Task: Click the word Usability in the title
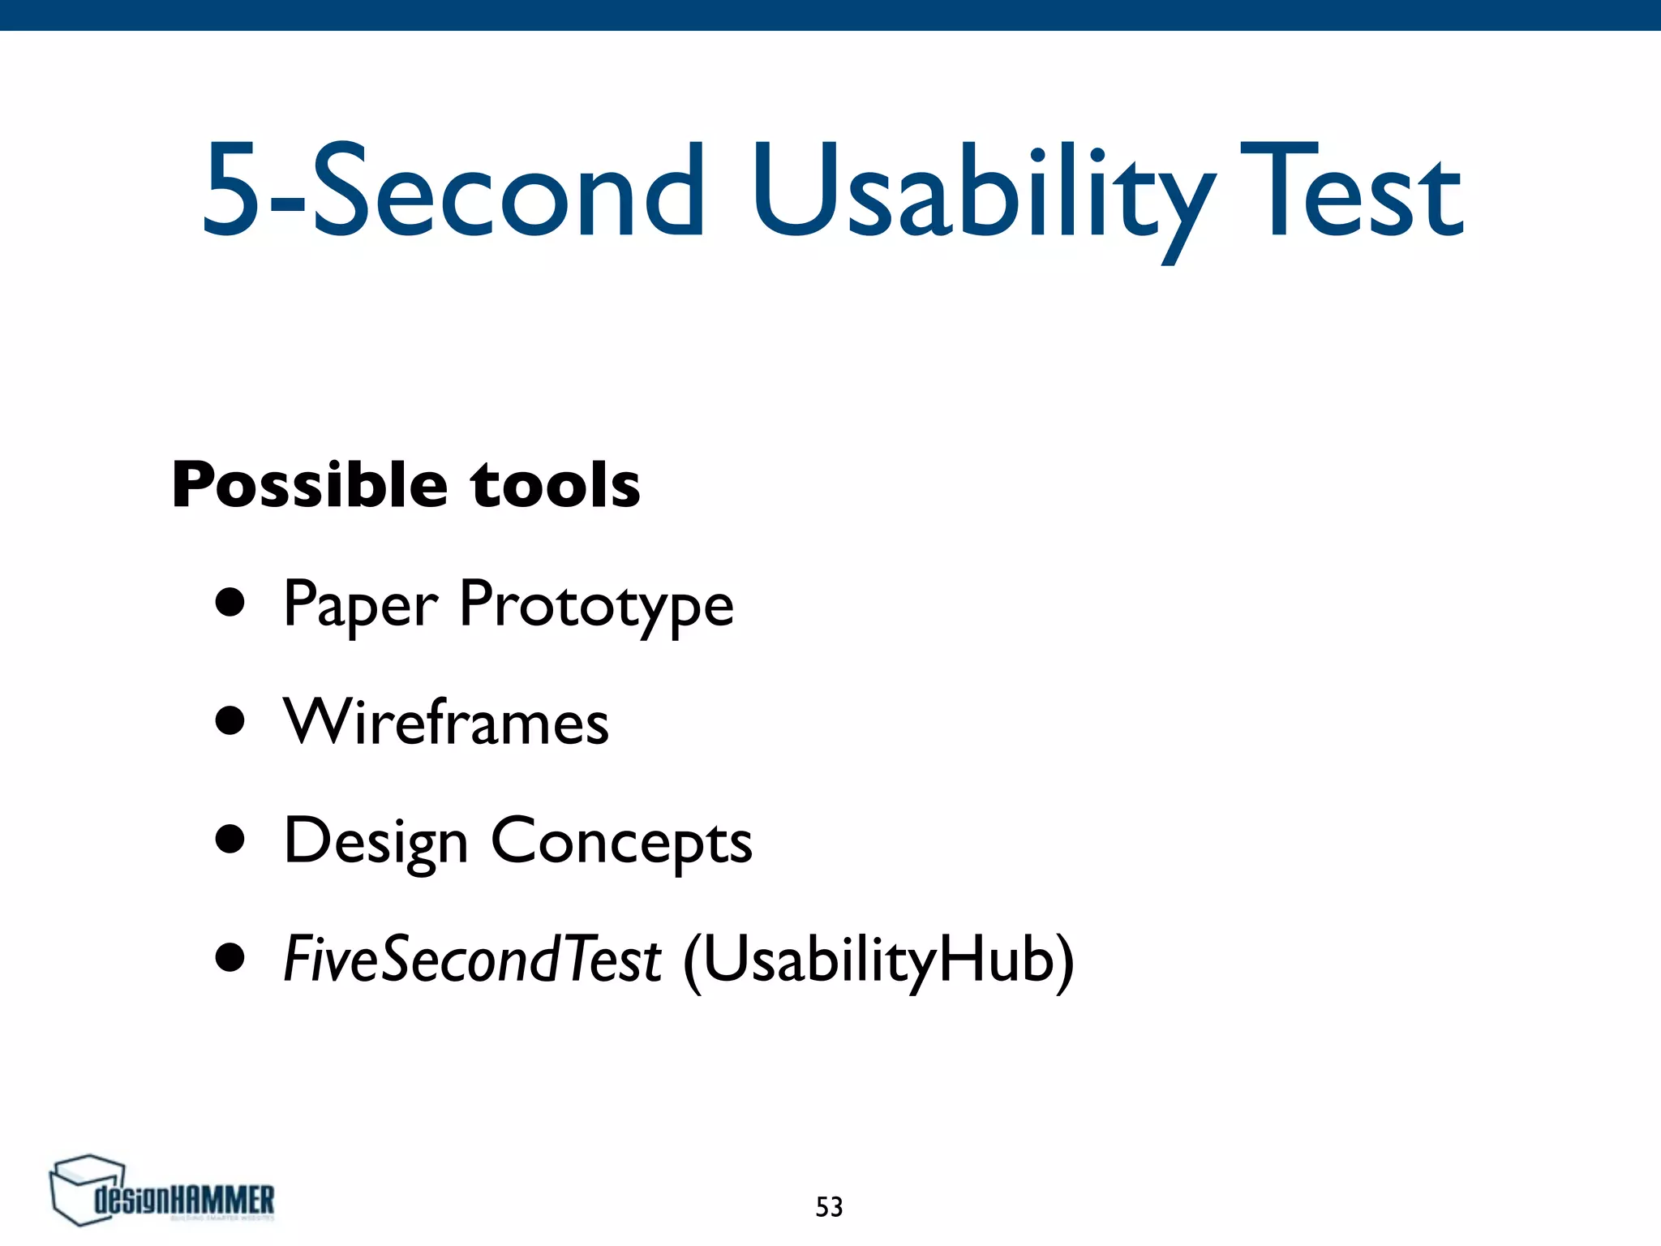(981, 195)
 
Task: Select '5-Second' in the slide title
(454, 195)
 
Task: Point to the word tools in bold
(556, 485)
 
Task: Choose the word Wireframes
(446, 722)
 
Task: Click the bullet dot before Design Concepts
(230, 840)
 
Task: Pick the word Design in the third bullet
(376, 842)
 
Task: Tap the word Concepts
(621, 842)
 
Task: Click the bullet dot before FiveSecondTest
(230, 957)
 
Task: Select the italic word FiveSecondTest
(472, 960)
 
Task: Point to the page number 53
(829, 1207)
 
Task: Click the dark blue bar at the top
(830, 15)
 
